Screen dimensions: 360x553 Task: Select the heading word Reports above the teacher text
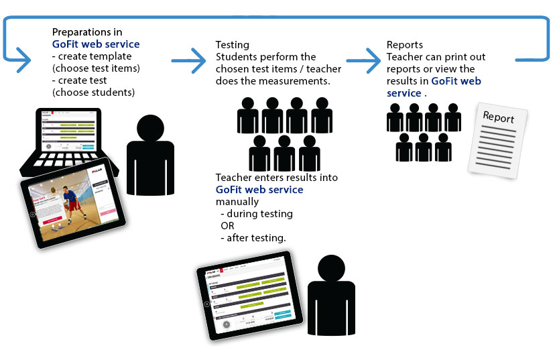click(405, 45)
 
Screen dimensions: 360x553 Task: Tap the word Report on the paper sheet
click(499, 117)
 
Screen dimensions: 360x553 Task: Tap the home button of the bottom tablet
click(206, 303)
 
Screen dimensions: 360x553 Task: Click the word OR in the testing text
click(227, 226)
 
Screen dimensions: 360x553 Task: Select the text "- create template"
click(91, 56)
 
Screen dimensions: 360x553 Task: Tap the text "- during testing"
click(256, 214)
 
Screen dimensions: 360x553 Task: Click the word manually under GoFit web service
click(237, 202)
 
